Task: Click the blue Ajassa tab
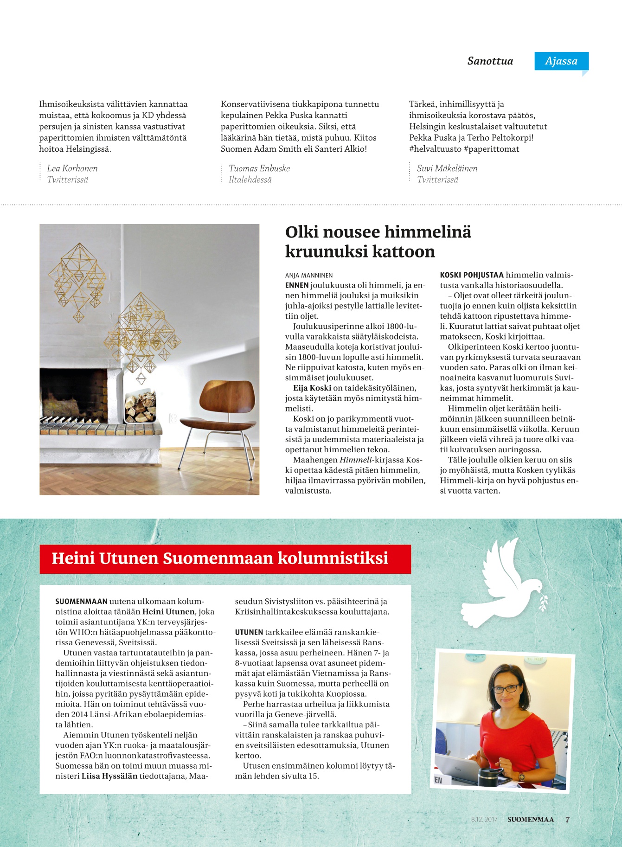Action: coord(561,61)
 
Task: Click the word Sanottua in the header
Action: coord(490,61)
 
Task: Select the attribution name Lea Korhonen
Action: coord(72,168)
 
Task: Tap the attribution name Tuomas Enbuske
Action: coord(259,168)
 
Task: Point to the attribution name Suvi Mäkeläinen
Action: coord(447,168)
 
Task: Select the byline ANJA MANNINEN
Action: coord(309,276)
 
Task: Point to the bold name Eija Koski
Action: coord(312,388)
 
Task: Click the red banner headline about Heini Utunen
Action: coord(220,558)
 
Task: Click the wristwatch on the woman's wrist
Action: coord(522,776)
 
